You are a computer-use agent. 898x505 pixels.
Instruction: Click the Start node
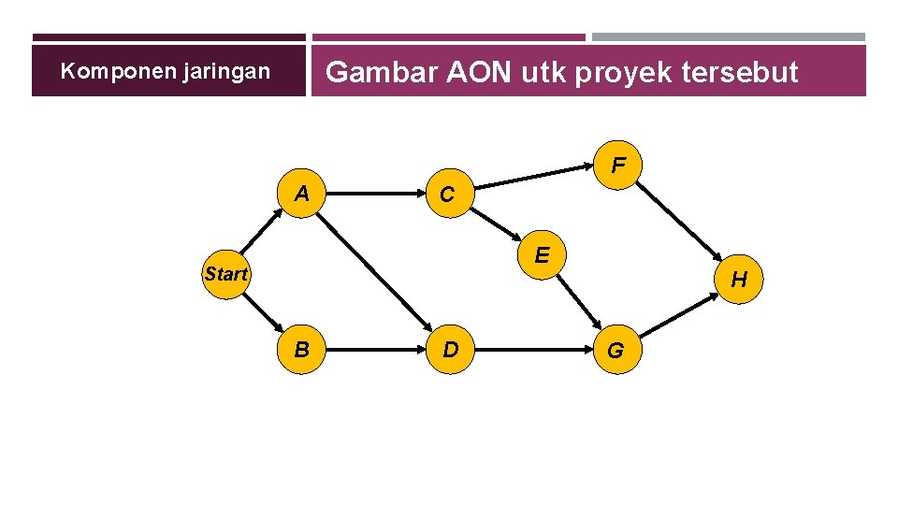click(x=226, y=275)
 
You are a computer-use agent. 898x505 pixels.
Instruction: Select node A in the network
click(x=302, y=195)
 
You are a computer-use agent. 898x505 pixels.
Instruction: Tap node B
click(x=302, y=351)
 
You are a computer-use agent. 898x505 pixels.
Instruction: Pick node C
click(x=447, y=195)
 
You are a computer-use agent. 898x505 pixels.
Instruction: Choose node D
click(x=450, y=351)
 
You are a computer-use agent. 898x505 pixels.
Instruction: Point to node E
click(x=542, y=253)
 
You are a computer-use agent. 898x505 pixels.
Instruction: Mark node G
click(x=616, y=352)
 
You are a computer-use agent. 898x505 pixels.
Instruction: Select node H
click(x=739, y=280)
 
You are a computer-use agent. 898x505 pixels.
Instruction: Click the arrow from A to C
click(x=374, y=195)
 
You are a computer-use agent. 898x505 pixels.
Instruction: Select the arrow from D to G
click(x=533, y=351)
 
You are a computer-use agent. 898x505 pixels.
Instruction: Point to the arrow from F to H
click(x=679, y=224)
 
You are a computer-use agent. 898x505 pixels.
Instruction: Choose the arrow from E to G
click(x=580, y=304)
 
